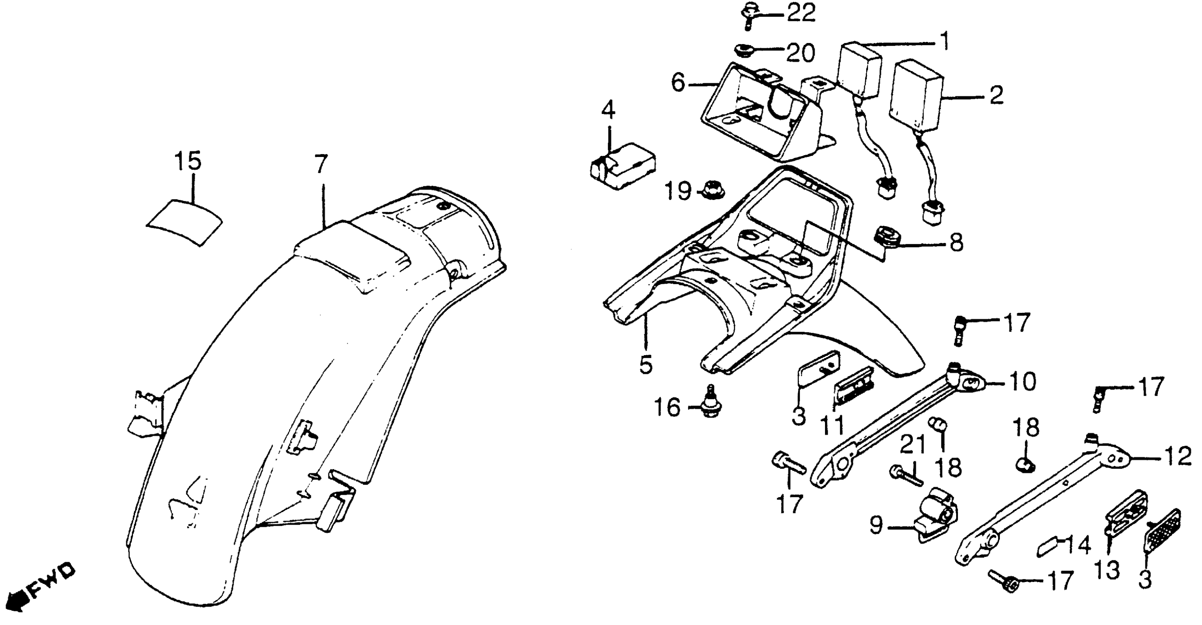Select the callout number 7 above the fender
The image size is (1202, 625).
tap(321, 164)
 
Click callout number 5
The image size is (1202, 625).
tap(646, 365)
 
